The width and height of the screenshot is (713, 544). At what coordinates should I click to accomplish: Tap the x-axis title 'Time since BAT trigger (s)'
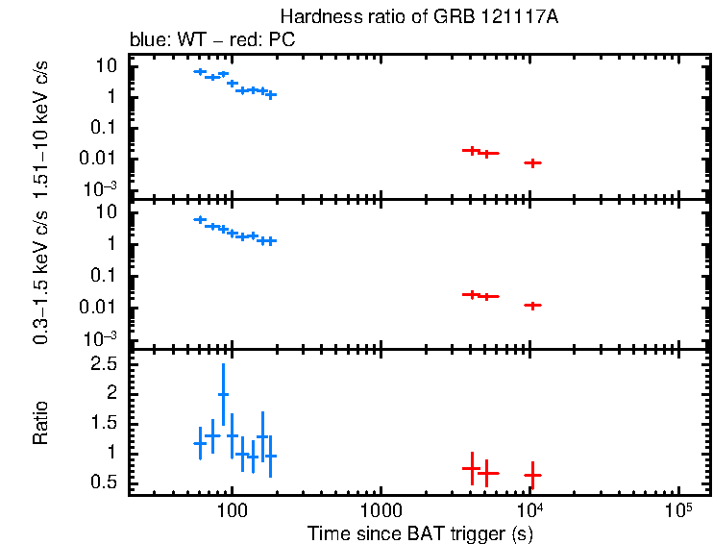(x=420, y=532)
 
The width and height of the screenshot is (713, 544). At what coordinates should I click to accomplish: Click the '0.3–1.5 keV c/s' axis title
(x=41, y=274)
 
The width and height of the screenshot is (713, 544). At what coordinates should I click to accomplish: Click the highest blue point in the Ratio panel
(x=223, y=394)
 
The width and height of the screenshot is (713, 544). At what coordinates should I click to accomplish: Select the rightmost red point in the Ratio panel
(x=532, y=475)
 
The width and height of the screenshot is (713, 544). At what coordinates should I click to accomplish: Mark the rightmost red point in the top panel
(x=532, y=162)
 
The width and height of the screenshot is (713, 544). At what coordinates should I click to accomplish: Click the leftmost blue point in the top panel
(x=200, y=71)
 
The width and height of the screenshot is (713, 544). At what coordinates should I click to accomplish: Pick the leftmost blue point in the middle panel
(x=200, y=219)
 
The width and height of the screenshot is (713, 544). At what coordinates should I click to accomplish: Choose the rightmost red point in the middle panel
(x=532, y=305)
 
